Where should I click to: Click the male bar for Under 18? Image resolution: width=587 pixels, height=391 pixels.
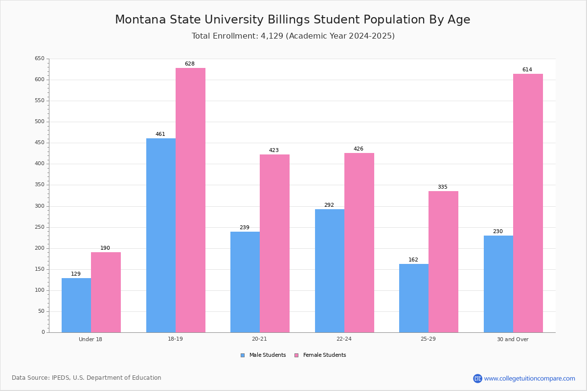(x=76, y=305)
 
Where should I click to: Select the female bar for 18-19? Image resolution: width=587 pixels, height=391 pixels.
(x=190, y=200)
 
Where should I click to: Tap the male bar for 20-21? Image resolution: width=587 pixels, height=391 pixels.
(x=245, y=282)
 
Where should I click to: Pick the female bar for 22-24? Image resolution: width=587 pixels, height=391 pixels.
(x=359, y=243)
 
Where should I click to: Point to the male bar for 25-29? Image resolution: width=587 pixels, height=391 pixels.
(x=414, y=298)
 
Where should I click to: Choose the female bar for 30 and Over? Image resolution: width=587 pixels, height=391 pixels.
(x=528, y=203)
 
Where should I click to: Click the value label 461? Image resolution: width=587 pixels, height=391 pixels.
(x=160, y=134)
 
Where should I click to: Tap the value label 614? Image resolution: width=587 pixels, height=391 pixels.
(x=527, y=70)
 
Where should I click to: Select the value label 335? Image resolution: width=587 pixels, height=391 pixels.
(x=443, y=187)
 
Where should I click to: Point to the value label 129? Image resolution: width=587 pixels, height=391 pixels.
(x=76, y=274)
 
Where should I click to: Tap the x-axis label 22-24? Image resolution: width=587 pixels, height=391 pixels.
(x=344, y=339)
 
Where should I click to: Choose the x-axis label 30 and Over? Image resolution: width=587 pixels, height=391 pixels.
(x=513, y=339)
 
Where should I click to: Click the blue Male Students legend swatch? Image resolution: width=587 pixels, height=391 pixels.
(x=243, y=355)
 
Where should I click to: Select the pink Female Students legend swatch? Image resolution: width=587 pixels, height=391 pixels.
(x=296, y=355)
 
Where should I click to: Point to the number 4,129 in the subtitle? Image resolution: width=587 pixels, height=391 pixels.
(x=272, y=36)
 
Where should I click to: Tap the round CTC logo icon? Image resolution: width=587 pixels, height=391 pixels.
(x=477, y=378)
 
